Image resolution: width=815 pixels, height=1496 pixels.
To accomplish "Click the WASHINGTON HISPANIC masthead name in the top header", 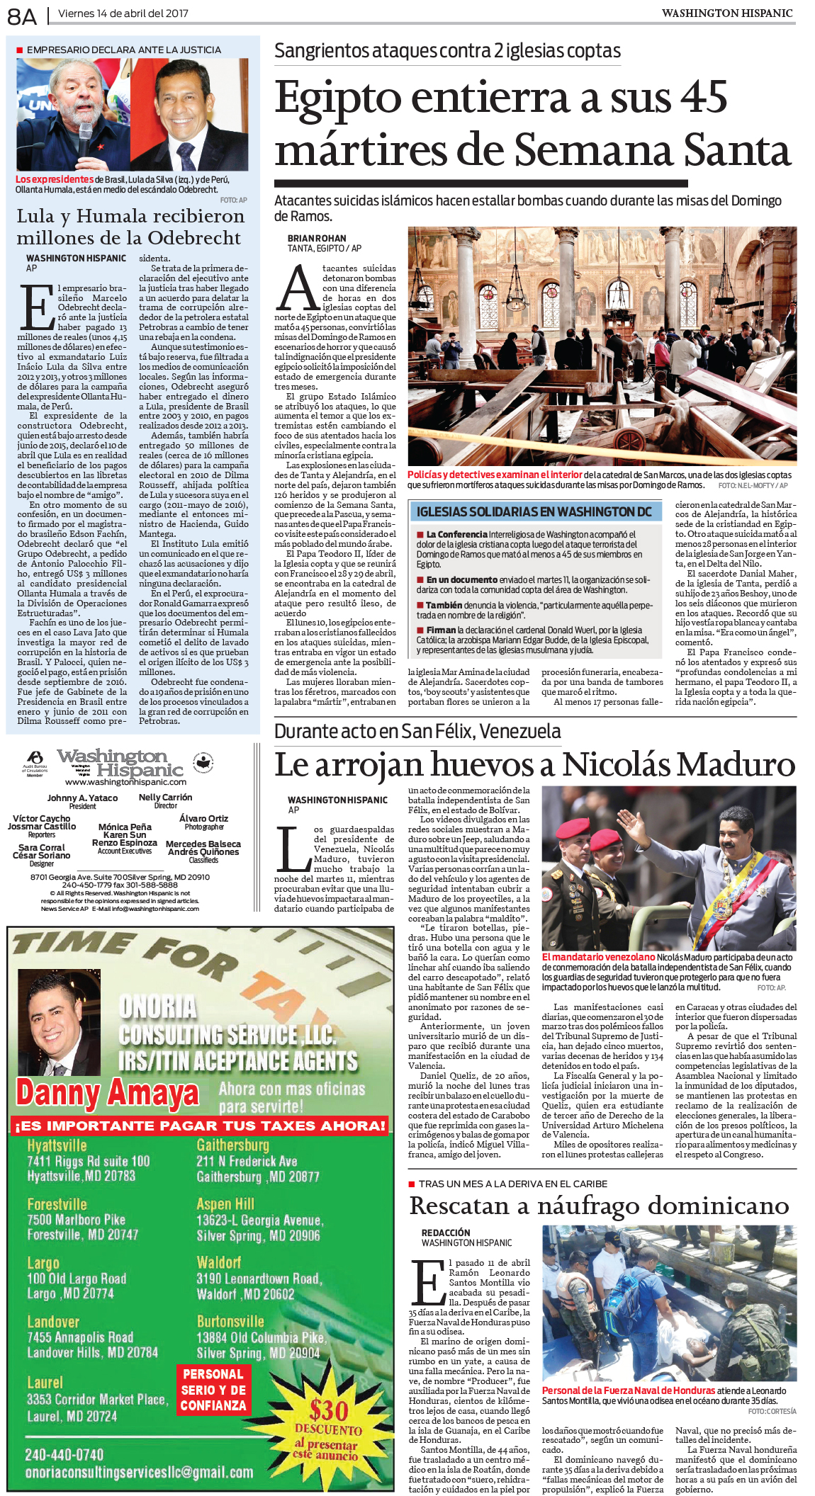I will [x=726, y=13].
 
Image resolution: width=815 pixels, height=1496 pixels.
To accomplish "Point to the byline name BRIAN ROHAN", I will [x=317, y=239].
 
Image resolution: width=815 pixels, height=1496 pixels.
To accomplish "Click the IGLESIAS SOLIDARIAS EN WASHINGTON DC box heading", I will [x=534, y=511].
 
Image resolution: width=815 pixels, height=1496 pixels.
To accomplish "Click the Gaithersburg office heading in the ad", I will [x=232, y=1145].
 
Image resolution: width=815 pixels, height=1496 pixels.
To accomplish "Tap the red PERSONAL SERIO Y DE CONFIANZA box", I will [x=213, y=1390].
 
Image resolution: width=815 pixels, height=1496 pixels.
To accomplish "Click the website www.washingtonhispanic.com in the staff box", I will [x=125, y=782].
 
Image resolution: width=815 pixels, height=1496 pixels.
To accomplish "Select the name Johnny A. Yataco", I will [x=82, y=798].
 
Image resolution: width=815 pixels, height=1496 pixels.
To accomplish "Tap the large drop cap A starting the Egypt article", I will [x=298, y=289].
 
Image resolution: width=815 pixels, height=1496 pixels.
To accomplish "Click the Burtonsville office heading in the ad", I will [x=230, y=1322].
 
